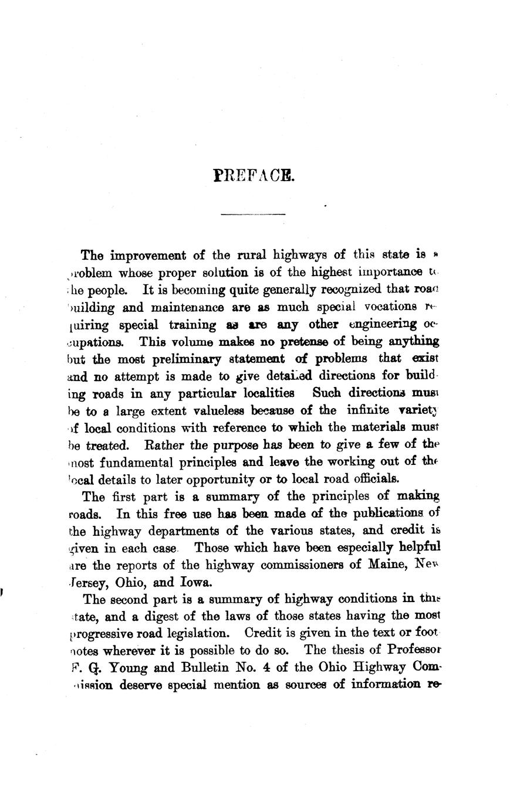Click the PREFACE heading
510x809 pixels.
tap(254, 175)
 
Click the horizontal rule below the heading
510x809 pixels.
tap(253, 215)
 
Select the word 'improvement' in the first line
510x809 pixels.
tap(146, 256)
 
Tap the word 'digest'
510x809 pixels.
tap(147, 617)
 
